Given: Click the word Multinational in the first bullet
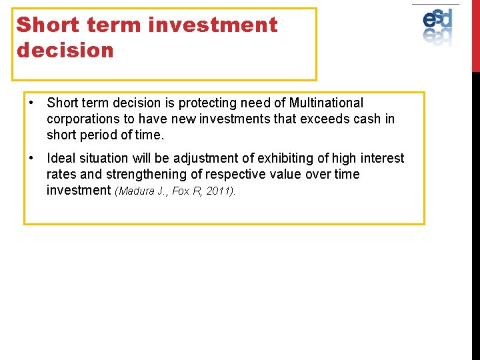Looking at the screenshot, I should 326,103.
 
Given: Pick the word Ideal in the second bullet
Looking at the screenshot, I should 62,159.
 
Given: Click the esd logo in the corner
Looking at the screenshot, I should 437,25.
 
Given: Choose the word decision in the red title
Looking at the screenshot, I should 65,51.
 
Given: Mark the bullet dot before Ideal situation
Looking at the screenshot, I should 32,159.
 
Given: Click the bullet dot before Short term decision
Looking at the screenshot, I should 32,103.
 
